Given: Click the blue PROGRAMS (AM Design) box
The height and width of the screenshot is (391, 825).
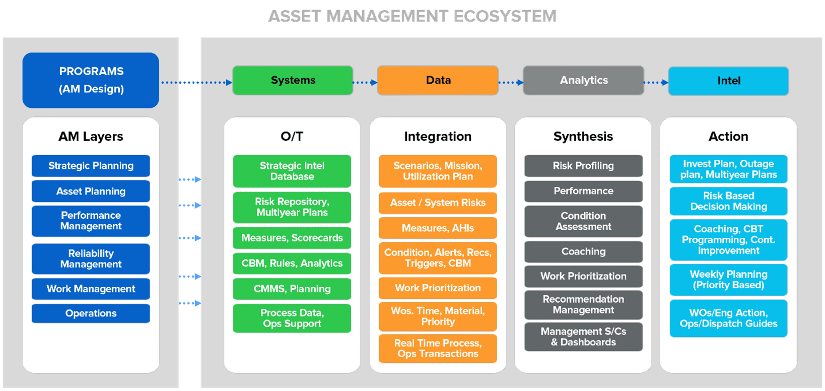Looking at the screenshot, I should tap(91, 80).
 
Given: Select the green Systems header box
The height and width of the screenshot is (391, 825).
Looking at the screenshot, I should tap(293, 81).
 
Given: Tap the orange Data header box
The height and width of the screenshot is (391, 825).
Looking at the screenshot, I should tap(438, 81).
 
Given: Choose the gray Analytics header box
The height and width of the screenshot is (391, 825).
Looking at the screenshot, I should tap(583, 81).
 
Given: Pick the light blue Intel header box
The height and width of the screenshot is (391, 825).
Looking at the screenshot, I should tap(728, 81).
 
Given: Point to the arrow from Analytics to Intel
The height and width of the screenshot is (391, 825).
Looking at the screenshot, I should tap(656, 82).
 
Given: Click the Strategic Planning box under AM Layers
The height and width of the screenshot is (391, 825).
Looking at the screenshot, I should tap(91, 166).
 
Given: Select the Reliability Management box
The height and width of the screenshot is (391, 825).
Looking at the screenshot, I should tap(91, 259).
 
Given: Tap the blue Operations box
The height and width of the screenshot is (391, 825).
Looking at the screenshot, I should tap(91, 313).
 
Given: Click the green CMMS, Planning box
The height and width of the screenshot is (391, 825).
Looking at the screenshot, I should tap(292, 289).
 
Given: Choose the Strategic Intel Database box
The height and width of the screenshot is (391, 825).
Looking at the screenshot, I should tap(292, 171).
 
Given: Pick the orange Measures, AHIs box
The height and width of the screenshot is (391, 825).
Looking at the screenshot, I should tap(438, 228).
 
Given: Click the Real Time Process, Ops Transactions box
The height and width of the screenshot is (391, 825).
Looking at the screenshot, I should tap(438, 349).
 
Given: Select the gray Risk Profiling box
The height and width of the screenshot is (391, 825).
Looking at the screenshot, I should tap(583, 166).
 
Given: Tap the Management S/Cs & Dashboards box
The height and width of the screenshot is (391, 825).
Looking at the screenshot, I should tap(583, 337).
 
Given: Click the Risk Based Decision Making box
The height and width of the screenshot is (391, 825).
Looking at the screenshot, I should tap(728, 201).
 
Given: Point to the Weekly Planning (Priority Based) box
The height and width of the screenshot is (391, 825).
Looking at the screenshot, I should tap(728, 280).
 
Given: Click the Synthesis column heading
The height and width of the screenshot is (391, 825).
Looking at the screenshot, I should tap(583, 137).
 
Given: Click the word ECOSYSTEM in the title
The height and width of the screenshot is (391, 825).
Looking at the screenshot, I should tap(505, 16).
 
